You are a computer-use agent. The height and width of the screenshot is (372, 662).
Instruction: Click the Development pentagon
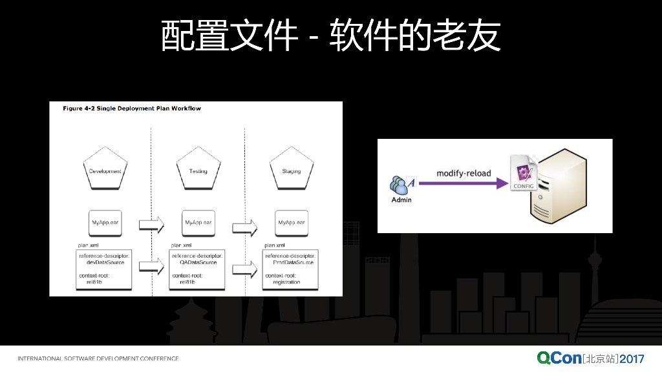pos(105,169)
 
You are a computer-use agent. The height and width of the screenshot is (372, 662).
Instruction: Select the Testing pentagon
pos(198,169)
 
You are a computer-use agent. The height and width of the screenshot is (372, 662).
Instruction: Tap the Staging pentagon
pos(291,169)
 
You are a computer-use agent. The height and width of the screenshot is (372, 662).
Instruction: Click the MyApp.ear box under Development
pos(105,223)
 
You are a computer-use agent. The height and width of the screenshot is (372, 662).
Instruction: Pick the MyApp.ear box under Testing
pos(198,223)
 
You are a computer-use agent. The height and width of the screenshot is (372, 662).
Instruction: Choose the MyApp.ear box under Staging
pos(291,223)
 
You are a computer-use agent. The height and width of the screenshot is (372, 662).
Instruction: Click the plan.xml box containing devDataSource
pos(103,269)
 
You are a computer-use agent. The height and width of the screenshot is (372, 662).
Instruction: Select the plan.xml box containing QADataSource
pos(197,269)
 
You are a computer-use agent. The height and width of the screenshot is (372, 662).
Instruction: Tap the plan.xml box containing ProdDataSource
pos(290,269)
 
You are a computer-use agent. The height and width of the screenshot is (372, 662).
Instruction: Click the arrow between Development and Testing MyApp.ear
pos(151,225)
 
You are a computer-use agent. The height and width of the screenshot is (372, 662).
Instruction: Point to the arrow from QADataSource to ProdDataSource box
pos(244,268)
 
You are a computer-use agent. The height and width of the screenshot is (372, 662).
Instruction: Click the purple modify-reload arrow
pos(463,184)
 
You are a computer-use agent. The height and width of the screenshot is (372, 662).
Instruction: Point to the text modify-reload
pos(463,173)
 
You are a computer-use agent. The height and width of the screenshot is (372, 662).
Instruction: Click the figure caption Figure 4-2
pos(132,108)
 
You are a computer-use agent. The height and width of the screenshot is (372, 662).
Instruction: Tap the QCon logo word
pos(559,358)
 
